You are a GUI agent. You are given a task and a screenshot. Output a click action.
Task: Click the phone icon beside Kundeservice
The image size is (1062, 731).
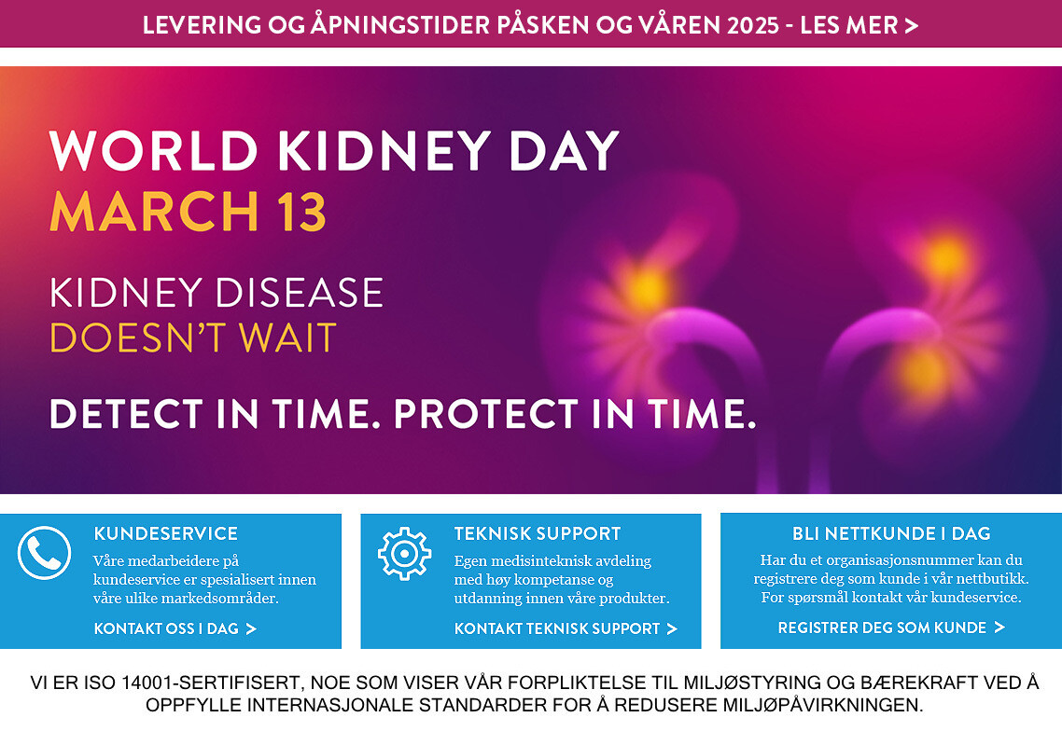coord(44,553)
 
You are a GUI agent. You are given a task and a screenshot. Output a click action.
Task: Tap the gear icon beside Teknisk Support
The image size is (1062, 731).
coord(404,554)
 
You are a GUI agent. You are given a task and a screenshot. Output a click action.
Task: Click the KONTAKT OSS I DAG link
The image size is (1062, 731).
coord(175,628)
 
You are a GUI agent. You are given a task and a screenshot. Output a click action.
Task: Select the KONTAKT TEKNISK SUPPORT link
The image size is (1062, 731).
coord(566,628)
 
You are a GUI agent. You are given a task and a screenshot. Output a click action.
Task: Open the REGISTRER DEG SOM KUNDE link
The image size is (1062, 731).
coord(891,628)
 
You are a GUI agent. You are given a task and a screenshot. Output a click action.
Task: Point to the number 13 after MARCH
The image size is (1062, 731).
coord(301,212)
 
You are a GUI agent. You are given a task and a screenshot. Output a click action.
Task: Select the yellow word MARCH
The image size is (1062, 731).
coord(155,212)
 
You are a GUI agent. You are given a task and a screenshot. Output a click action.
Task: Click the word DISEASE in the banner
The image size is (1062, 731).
coord(300,293)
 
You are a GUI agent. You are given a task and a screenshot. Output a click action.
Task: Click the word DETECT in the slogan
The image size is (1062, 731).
coord(126,414)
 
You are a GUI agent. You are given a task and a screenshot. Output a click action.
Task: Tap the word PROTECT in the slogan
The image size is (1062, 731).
coord(486,414)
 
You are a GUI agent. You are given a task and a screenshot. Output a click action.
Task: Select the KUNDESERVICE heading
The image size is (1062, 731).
coord(166,533)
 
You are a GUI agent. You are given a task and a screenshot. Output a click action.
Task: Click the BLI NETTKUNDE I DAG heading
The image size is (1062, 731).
coord(891,533)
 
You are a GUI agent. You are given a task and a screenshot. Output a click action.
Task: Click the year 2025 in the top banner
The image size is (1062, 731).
coord(753,25)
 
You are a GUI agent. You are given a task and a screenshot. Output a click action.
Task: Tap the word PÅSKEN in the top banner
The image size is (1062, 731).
coord(543,25)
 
